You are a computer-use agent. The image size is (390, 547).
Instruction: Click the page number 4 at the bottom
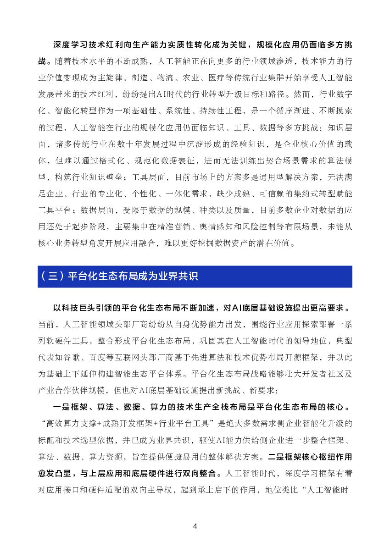(x=195, y=526)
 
